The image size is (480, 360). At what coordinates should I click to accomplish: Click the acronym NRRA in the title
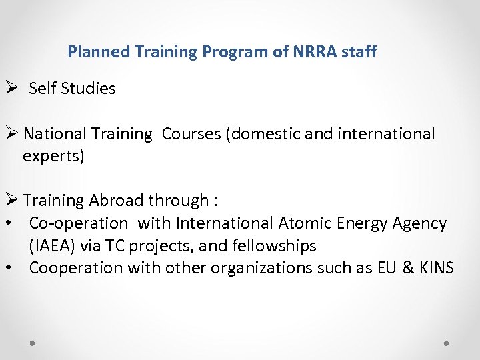pos(315,51)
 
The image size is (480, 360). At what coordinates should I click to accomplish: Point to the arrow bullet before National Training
pos(10,133)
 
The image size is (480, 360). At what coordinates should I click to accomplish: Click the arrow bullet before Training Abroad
pos(10,200)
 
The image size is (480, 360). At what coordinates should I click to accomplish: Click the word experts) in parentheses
pos(53,157)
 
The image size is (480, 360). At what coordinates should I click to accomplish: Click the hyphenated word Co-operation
pos(78,223)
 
